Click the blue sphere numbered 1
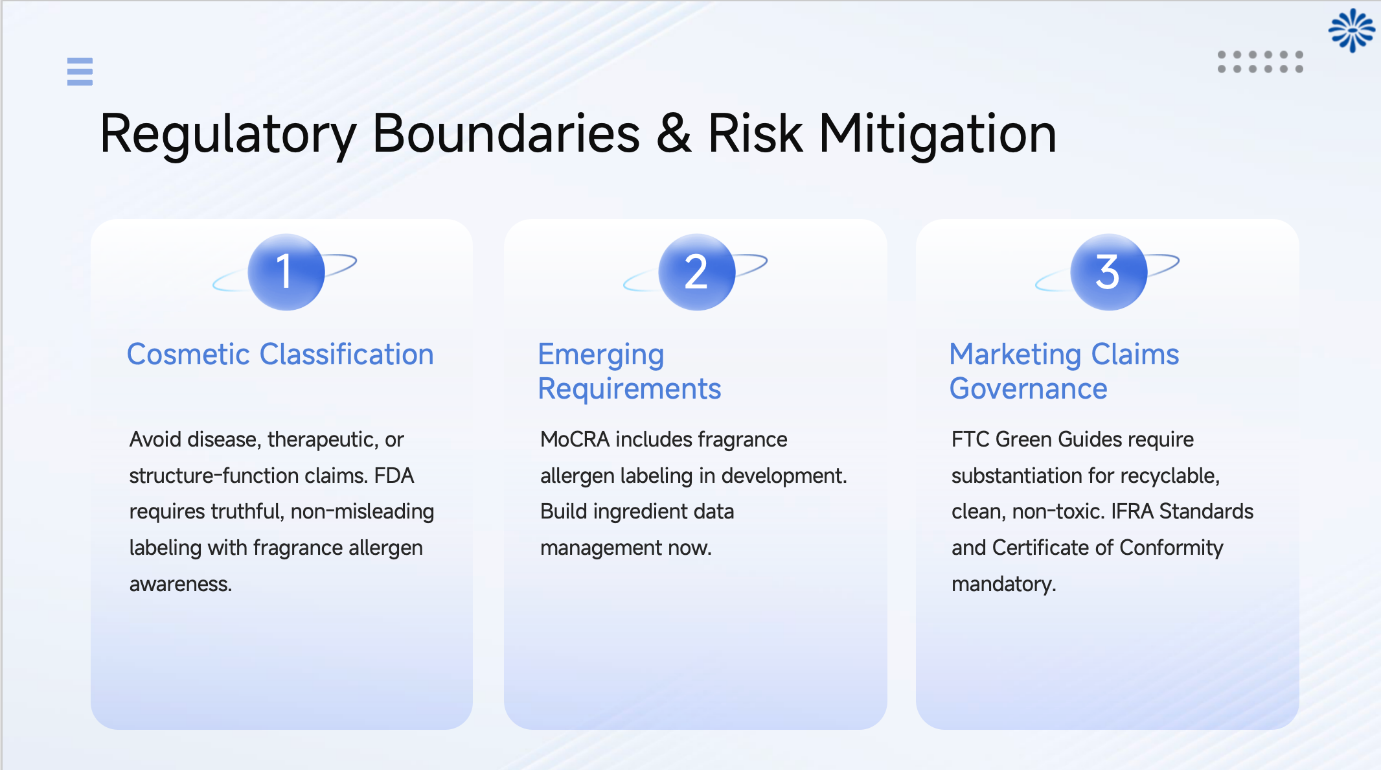(286, 272)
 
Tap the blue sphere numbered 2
(696, 272)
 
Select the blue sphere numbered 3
(1108, 272)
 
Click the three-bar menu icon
(80, 71)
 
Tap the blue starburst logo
(1351, 30)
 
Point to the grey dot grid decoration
(1260, 62)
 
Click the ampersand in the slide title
(674, 134)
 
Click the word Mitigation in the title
(937, 134)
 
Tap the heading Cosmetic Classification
(280, 355)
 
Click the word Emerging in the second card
(600, 355)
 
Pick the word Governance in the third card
(1028, 389)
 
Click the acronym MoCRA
(575, 439)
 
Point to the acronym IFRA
(1132, 511)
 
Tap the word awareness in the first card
(180, 584)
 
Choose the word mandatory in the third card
(1003, 584)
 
